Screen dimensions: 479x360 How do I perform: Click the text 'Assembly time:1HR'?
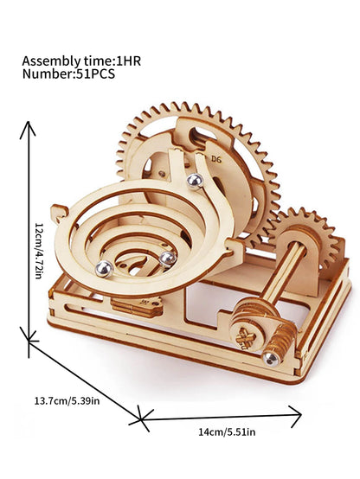click(x=80, y=61)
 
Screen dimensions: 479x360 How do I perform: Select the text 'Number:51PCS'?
click(x=68, y=74)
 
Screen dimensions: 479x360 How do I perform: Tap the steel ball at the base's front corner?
click(x=272, y=356)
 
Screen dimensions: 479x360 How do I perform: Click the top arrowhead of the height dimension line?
click(x=28, y=126)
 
